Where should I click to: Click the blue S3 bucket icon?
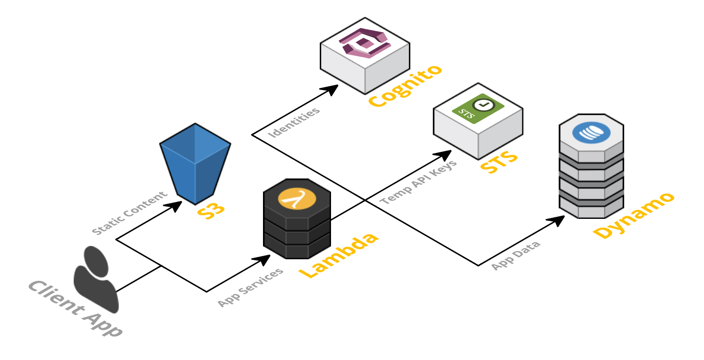(x=195, y=164)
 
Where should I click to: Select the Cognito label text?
(x=404, y=86)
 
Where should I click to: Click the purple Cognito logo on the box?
(x=364, y=42)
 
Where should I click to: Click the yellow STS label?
(x=499, y=163)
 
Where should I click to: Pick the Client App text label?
(x=75, y=308)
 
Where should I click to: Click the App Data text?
(x=515, y=255)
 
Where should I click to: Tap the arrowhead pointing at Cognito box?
(x=331, y=89)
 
